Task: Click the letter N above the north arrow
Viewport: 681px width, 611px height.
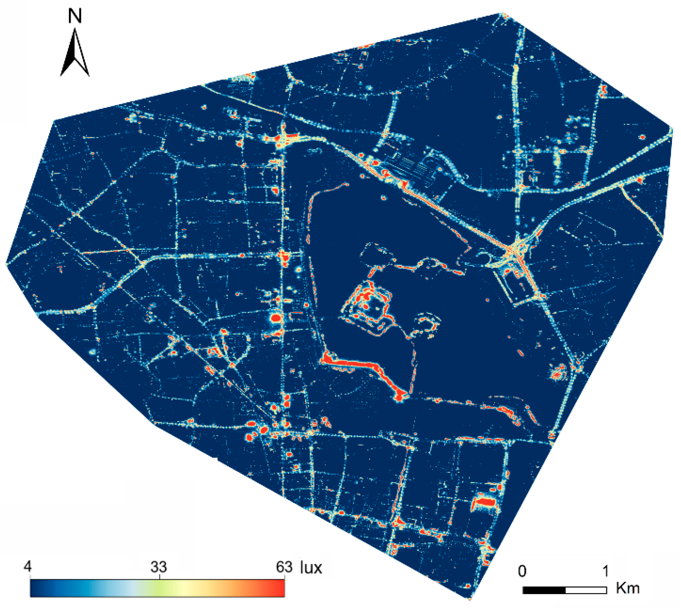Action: [75, 16]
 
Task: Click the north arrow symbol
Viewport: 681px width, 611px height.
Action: [75, 54]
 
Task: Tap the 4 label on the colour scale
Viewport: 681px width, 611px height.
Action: [27, 566]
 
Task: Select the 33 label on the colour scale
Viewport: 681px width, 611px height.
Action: [159, 567]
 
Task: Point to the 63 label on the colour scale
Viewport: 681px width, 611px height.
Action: [284, 567]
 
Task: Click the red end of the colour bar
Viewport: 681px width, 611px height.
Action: [278, 588]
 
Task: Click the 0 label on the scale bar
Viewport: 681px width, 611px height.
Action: [522, 571]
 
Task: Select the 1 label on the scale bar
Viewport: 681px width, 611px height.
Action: [606, 571]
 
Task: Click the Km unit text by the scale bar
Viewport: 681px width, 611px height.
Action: [627, 588]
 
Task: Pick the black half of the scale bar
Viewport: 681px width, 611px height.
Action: [544, 590]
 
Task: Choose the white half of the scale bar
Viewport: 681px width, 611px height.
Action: [586, 590]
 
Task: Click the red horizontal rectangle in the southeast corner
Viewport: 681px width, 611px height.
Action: [485, 502]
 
